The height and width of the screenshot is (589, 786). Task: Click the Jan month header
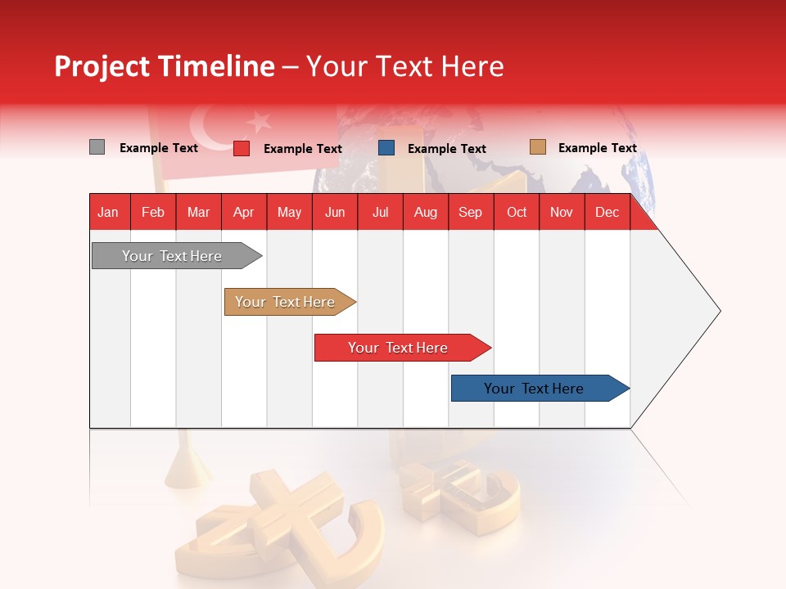pyautogui.click(x=108, y=212)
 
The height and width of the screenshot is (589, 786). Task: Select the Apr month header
pyautogui.click(x=244, y=212)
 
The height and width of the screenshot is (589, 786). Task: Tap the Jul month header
pyautogui.click(x=381, y=212)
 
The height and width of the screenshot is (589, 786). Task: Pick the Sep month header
pyautogui.click(x=470, y=212)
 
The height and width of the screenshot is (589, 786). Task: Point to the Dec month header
pyautogui.click(x=607, y=212)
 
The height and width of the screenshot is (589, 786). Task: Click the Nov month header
pyautogui.click(x=562, y=212)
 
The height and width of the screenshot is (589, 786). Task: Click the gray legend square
pyautogui.click(x=97, y=147)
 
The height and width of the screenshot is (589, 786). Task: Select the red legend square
pyautogui.click(x=242, y=148)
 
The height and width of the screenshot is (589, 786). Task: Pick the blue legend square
pyautogui.click(x=386, y=148)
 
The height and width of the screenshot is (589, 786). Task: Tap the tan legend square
pyautogui.click(x=537, y=147)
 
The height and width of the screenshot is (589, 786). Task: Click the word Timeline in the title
pyautogui.click(x=216, y=66)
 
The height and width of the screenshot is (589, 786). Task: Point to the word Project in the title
pyautogui.click(x=102, y=66)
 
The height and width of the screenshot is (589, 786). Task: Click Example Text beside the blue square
pyautogui.click(x=446, y=149)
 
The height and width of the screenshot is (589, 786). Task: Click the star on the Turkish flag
pyautogui.click(x=260, y=122)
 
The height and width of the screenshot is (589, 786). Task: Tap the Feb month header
pyautogui.click(x=153, y=212)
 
